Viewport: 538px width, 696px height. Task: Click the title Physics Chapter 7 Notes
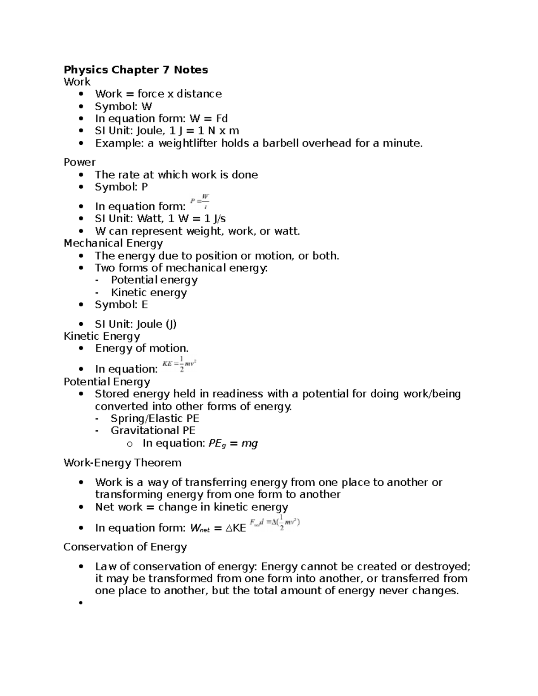click(x=136, y=70)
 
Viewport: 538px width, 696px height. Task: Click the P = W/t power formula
click(x=200, y=201)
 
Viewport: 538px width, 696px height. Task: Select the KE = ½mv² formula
click(x=179, y=364)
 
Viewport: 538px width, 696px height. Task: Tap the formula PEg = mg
click(x=233, y=444)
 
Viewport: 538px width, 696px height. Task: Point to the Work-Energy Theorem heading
click(x=122, y=463)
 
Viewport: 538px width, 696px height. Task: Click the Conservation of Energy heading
click(x=125, y=547)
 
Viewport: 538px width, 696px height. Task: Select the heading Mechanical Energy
click(x=113, y=243)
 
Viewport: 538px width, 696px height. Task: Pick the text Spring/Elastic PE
click(x=155, y=419)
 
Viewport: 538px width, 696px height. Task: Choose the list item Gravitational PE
click(x=153, y=431)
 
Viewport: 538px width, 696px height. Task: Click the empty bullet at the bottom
click(x=81, y=603)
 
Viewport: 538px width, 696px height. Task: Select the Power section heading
click(x=79, y=162)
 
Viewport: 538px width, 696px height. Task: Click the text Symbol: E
click(x=121, y=305)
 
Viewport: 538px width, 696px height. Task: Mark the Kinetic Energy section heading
click(x=102, y=336)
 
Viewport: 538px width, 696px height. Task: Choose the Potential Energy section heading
click(x=107, y=382)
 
